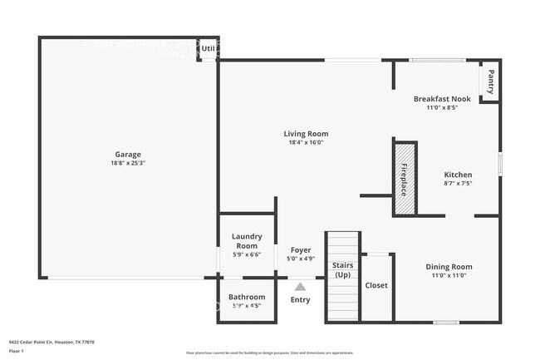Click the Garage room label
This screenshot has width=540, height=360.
tap(128, 154)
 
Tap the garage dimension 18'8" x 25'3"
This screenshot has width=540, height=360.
tap(128, 163)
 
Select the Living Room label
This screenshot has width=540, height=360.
tap(306, 133)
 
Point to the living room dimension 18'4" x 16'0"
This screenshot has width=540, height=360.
tap(306, 142)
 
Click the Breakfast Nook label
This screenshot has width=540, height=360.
tap(442, 99)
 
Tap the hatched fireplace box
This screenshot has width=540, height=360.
tap(404, 178)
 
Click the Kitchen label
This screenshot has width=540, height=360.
tap(458, 175)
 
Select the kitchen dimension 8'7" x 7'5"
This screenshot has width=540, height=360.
tap(458, 184)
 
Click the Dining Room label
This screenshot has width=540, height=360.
tap(449, 267)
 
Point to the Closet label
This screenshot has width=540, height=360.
tap(376, 285)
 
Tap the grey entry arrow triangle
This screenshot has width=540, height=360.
tap(300, 286)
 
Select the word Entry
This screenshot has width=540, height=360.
tap(300, 299)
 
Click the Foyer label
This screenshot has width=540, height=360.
tap(300, 249)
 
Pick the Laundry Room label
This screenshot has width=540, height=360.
tap(246, 241)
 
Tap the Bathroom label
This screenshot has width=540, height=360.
tap(246, 297)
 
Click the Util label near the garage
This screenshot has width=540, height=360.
tap(208, 48)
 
